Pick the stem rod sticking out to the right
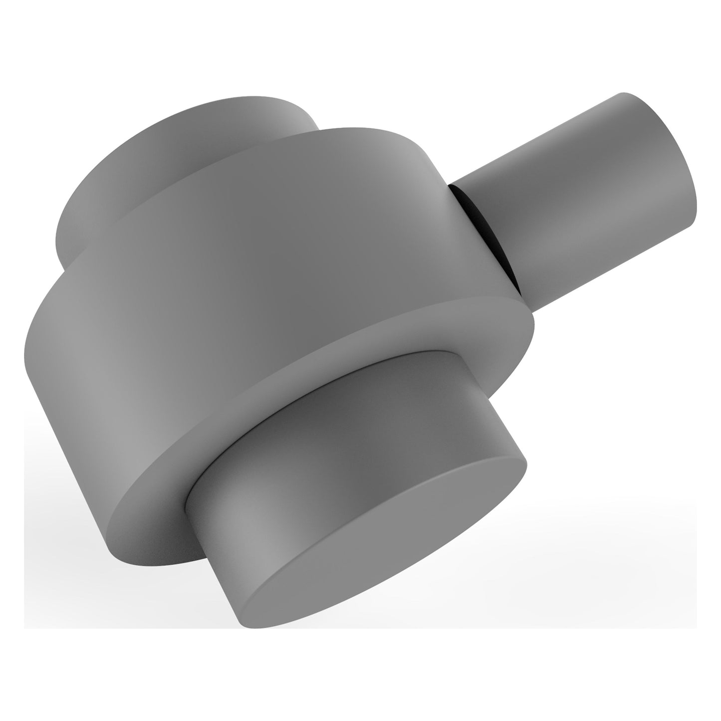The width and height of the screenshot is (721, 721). coord(574,200)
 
